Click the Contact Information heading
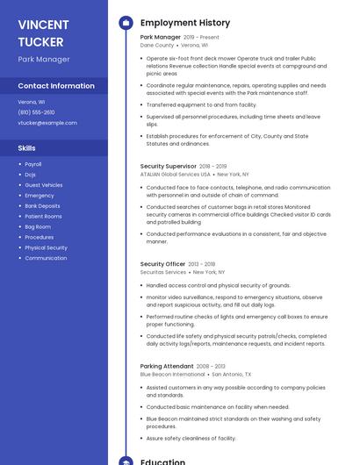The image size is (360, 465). (56, 86)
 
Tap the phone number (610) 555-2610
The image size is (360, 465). (36, 112)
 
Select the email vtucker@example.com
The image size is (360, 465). (47, 123)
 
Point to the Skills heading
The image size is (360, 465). (27, 148)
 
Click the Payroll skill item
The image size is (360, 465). (33, 164)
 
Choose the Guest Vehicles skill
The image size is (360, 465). (44, 185)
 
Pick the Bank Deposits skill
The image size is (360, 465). (42, 205)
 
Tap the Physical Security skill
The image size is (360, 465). (46, 247)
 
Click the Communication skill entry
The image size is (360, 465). (46, 258)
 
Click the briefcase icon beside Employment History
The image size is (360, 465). (125, 23)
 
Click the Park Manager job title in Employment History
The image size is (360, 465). (160, 38)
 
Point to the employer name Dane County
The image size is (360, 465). (157, 45)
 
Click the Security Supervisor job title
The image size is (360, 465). (168, 166)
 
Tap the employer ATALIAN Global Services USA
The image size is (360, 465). (176, 174)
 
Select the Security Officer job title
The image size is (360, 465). (162, 264)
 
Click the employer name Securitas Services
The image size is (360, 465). (163, 272)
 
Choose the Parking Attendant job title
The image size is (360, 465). (167, 366)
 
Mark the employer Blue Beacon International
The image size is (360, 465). (172, 374)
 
